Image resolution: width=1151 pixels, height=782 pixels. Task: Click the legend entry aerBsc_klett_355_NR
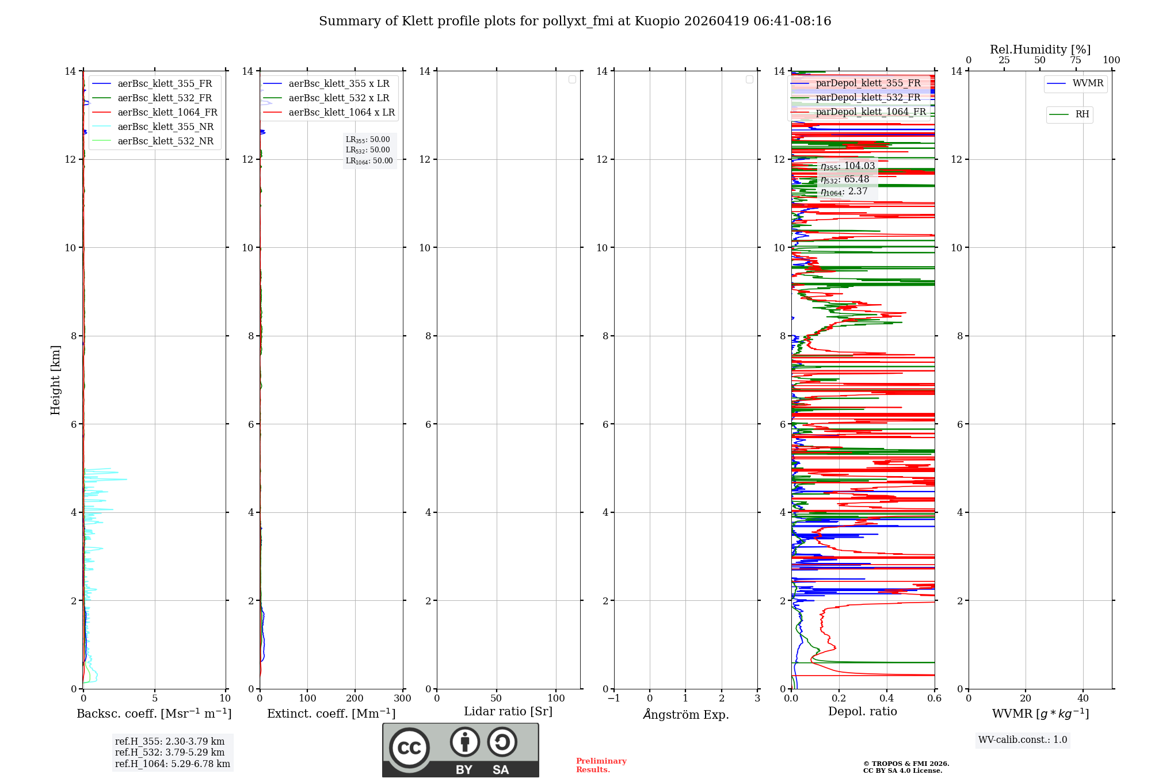tap(165, 126)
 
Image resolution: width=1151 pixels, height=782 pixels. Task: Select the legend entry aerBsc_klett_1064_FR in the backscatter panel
tap(167, 112)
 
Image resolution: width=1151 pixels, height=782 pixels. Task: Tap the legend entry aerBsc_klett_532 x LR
tap(338, 98)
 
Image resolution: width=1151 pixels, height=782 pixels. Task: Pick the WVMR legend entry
tap(1087, 83)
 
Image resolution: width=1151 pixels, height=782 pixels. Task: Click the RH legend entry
tap(1082, 114)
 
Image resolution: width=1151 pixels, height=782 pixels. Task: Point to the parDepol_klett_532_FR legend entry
tap(868, 98)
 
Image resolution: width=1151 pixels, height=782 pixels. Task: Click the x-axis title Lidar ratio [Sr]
tap(508, 712)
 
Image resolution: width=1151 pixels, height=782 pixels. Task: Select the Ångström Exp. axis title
tap(686, 715)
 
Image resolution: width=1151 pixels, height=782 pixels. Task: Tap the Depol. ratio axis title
tap(863, 712)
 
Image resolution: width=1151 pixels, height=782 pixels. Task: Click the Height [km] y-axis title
tap(55, 380)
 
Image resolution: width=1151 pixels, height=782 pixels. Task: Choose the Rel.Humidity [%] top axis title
tap(1040, 49)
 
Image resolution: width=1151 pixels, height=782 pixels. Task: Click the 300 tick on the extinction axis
tap(402, 699)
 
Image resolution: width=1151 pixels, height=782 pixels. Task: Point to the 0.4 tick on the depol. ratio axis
tap(887, 699)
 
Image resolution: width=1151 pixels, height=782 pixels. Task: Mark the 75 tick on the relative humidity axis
tap(1076, 60)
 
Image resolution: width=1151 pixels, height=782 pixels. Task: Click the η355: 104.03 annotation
tap(848, 166)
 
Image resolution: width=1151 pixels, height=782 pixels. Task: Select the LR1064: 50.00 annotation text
tap(369, 161)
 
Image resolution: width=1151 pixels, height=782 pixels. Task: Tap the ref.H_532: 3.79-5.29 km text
tap(170, 753)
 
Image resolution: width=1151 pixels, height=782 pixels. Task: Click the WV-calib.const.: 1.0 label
tap(1023, 740)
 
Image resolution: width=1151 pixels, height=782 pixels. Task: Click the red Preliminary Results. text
tap(601, 765)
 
